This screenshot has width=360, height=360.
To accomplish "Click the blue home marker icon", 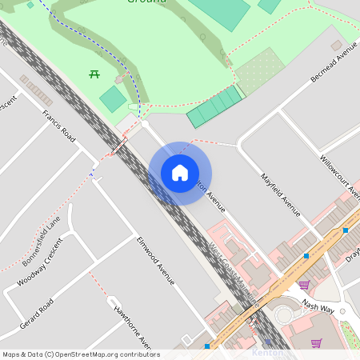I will tap(180, 173).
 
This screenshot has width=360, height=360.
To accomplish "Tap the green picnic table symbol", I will tap(94, 74).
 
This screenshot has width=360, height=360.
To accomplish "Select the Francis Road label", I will tap(59, 126).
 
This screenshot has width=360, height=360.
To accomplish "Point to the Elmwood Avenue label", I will tap(155, 260).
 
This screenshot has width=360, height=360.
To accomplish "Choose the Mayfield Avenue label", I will tap(280, 194).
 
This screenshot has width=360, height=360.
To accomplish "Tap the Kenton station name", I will tap(267, 352).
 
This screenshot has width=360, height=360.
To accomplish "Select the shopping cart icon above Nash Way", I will tap(304, 284).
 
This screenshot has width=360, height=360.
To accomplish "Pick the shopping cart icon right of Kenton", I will tap(316, 343).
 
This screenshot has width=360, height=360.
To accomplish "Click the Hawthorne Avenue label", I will tap(133, 328).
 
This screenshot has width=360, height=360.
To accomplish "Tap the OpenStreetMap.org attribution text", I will tap(80, 354).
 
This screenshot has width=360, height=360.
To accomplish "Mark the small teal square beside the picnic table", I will tap(113, 98).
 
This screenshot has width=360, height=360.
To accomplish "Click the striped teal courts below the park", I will tap(214, 106).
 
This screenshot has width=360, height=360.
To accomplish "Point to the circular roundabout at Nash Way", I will tap(285, 314).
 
